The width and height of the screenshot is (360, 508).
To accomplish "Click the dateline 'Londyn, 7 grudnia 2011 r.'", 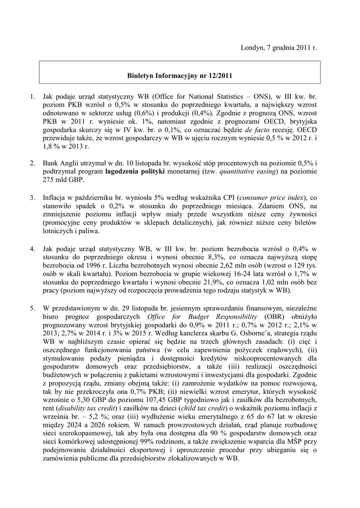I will (x=279, y=48).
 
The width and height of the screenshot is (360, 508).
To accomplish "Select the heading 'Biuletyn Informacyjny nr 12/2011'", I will (x=180, y=76).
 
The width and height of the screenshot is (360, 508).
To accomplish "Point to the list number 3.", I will (x=32, y=197).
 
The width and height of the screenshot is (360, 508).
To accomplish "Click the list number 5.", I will (x=32, y=308).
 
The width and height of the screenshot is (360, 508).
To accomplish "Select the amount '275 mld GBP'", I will (x=58, y=180).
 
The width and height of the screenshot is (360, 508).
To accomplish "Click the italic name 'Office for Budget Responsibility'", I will (x=203, y=317).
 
